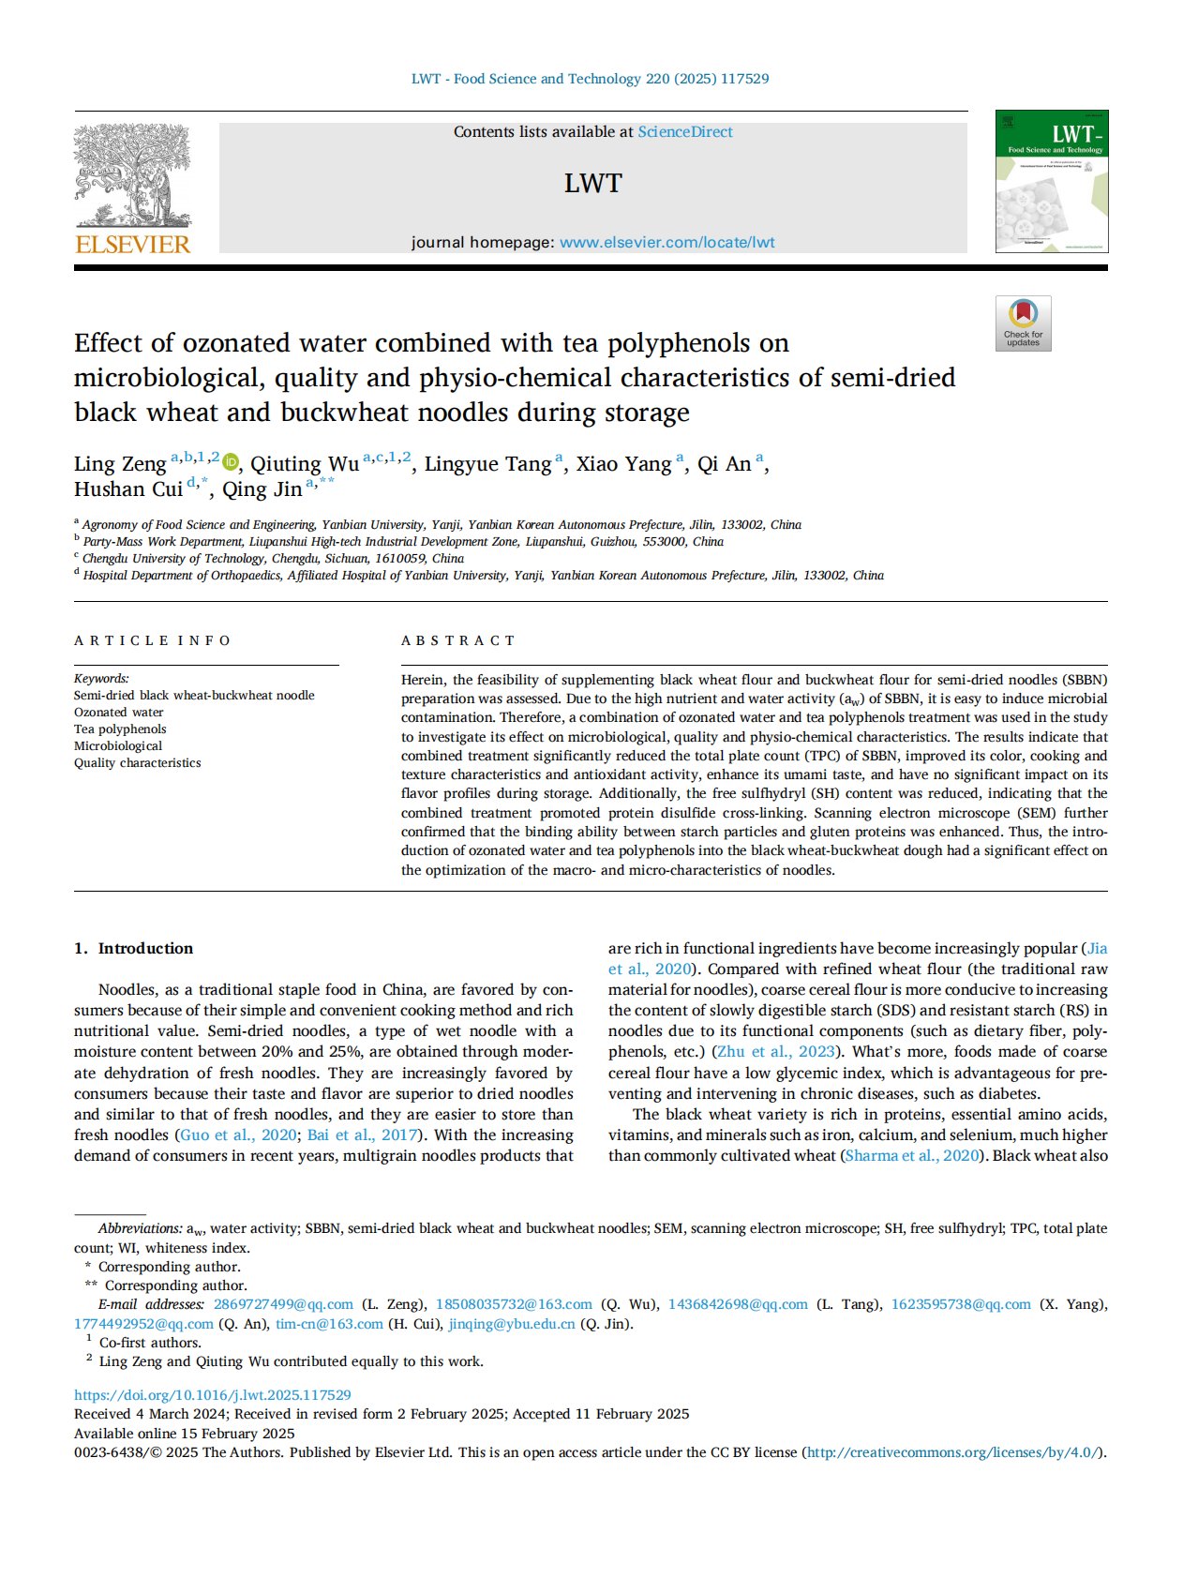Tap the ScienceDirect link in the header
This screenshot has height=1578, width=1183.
coord(684,132)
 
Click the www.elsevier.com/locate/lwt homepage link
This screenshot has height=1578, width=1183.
coord(666,243)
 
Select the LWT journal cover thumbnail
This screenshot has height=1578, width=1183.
coord(1051,181)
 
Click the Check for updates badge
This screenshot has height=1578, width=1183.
coord(1023,323)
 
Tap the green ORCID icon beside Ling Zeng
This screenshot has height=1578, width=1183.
coord(231,462)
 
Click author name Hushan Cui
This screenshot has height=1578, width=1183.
coord(128,489)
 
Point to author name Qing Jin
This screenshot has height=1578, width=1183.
coord(262,489)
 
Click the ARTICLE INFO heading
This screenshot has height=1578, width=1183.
coord(153,640)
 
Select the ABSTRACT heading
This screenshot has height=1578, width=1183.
coord(458,640)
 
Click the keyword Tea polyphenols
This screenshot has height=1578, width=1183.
coord(120,729)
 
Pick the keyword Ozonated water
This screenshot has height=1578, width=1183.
coord(119,713)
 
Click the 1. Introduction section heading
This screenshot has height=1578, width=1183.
coord(134,948)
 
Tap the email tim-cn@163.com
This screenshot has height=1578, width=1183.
coord(329,1324)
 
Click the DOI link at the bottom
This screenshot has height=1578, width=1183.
coord(213,1395)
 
